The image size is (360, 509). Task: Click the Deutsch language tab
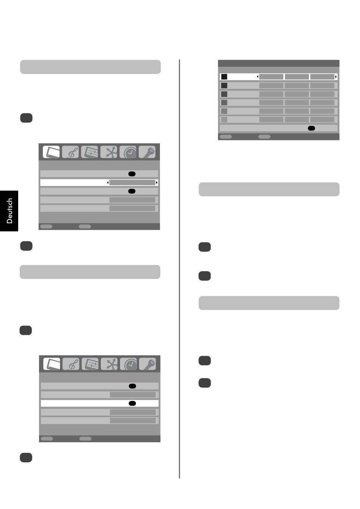coord(9,211)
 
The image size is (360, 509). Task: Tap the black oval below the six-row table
coord(311,128)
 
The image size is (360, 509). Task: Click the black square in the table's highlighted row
coord(224,77)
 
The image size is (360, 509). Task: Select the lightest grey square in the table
coord(224,119)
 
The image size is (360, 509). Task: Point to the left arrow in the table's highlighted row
coord(257,77)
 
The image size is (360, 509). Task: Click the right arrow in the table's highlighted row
coord(336,77)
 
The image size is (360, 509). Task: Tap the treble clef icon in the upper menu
coord(70,152)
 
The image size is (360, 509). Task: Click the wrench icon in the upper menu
coord(147,152)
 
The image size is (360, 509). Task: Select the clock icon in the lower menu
coord(128,364)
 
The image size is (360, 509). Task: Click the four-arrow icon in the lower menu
coord(109,364)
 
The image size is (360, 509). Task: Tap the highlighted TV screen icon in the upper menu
coord(51,152)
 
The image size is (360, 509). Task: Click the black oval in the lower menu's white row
coord(132,403)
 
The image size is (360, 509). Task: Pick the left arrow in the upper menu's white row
coord(108,182)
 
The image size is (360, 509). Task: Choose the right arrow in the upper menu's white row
coord(157,182)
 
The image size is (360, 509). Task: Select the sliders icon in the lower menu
coord(90,364)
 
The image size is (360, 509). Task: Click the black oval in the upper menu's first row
coord(132,174)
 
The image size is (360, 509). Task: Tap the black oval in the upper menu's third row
coord(132,191)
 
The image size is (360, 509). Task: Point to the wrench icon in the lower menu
coord(147,364)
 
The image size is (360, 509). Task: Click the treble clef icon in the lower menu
coord(71,364)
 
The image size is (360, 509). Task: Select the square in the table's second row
coord(224,85)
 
